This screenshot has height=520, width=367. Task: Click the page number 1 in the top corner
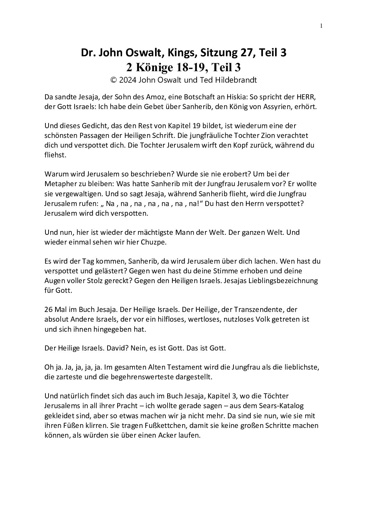click(321, 26)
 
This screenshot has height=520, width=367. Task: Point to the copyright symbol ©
click(112, 80)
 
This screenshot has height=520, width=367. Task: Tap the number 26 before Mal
click(49, 309)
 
